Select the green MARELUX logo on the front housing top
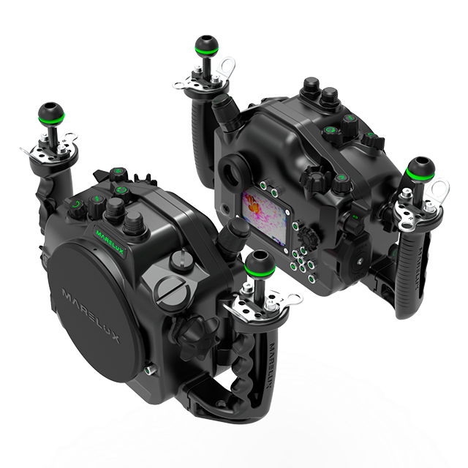[110, 242]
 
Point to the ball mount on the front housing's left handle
[51, 113]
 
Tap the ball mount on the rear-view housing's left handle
[206, 45]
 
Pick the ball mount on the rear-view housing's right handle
[420, 169]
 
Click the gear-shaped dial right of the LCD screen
[306, 238]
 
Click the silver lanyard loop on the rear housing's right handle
[438, 189]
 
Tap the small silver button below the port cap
[148, 371]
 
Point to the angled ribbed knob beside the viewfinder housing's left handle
[227, 111]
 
